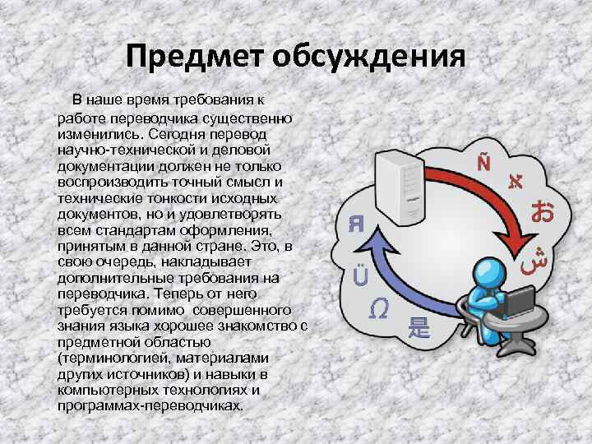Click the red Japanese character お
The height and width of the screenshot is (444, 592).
click(x=542, y=211)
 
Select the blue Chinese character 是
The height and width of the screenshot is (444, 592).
click(x=419, y=326)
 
